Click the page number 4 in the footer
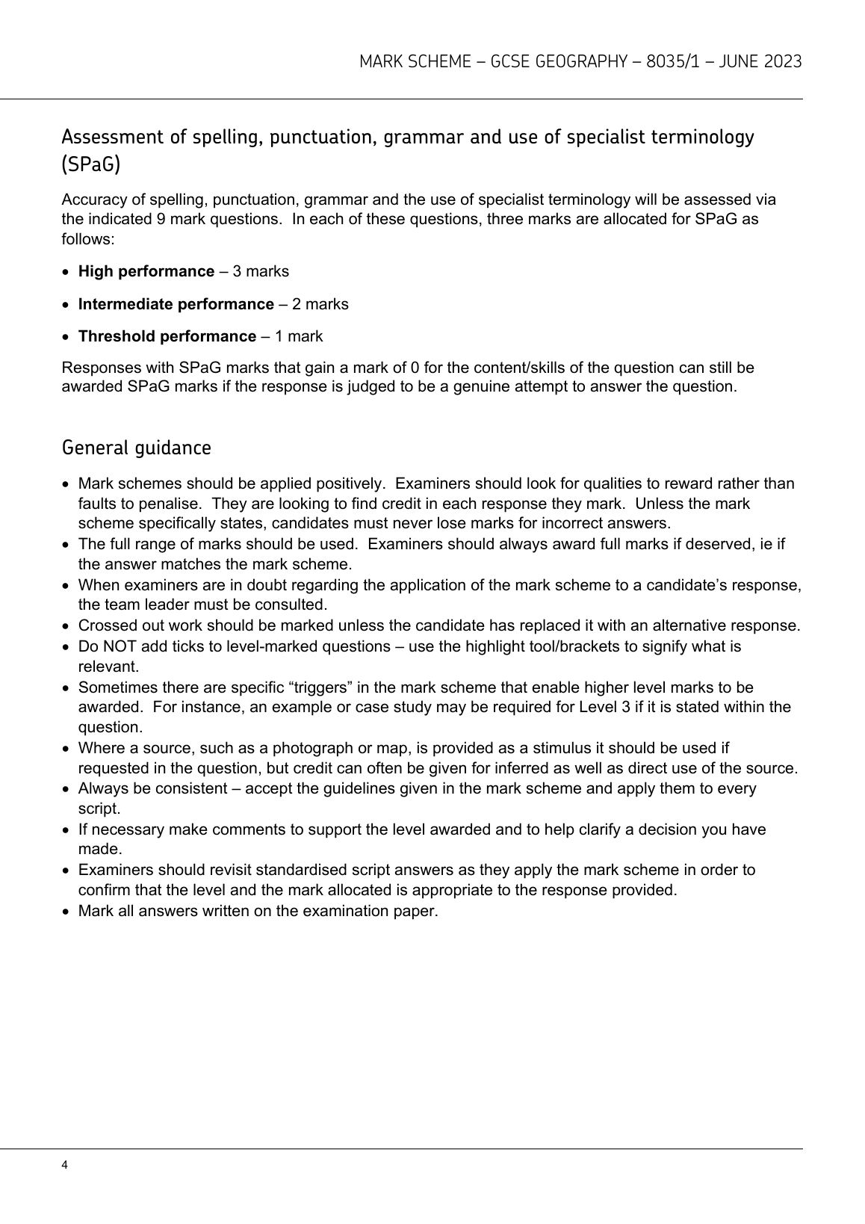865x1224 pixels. coord(65,1165)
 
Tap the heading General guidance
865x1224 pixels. coord(137,448)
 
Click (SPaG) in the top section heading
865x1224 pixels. coord(91,165)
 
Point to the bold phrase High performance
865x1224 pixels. coord(146,271)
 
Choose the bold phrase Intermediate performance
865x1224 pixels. coord(176,304)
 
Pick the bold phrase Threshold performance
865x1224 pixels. coord(167,336)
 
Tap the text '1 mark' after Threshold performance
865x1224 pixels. coord(299,336)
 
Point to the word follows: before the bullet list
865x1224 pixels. coord(88,239)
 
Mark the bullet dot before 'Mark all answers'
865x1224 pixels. coord(67,912)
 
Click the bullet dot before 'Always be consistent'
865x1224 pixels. coord(67,789)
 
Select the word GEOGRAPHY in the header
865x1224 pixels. coord(580,61)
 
